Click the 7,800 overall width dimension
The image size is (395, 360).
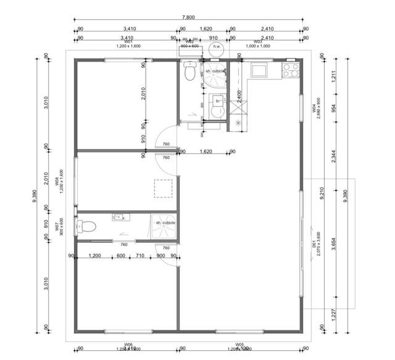pyautogui.click(x=189, y=20)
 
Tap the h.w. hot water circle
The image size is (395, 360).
pyautogui.click(x=217, y=47)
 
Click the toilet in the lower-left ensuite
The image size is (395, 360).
pyautogui.click(x=85, y=227)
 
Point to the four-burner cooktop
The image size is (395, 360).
pyautogui.click(x=290, y=70)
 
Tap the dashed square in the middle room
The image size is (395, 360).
pyautogui.click(x=163, y=188)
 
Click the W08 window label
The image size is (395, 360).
pyautogui.click(x=57, y=182)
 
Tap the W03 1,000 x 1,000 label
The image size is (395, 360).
pyautogui.click(x=259, y=44)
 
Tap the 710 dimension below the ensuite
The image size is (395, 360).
pyautogui.click(x=140, y=256)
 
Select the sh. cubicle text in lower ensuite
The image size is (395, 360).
pyautogui.click(x=165, y=223)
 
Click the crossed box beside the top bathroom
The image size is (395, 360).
pyautogui.click(x=238, y=108)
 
